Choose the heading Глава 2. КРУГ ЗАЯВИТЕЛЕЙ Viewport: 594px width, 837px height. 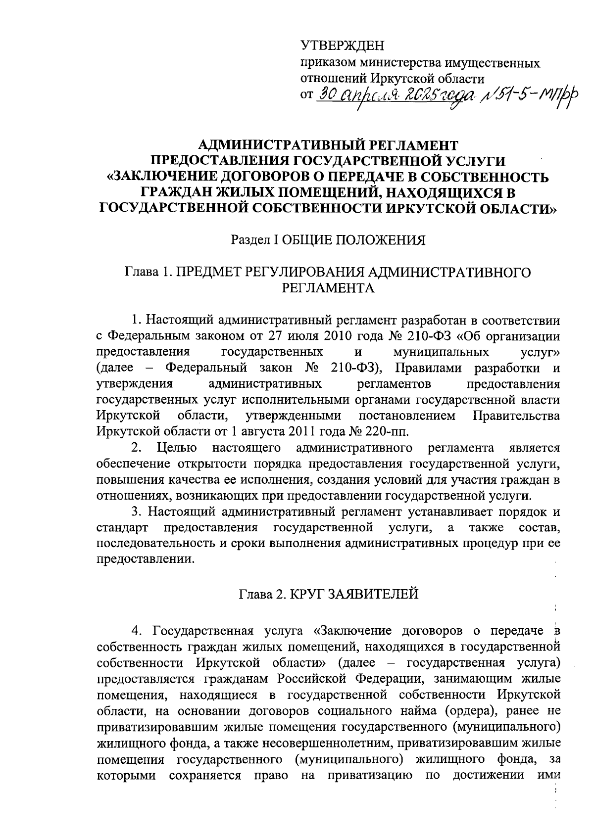click(329, 594)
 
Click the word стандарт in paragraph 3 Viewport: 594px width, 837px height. click(122, 528)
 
